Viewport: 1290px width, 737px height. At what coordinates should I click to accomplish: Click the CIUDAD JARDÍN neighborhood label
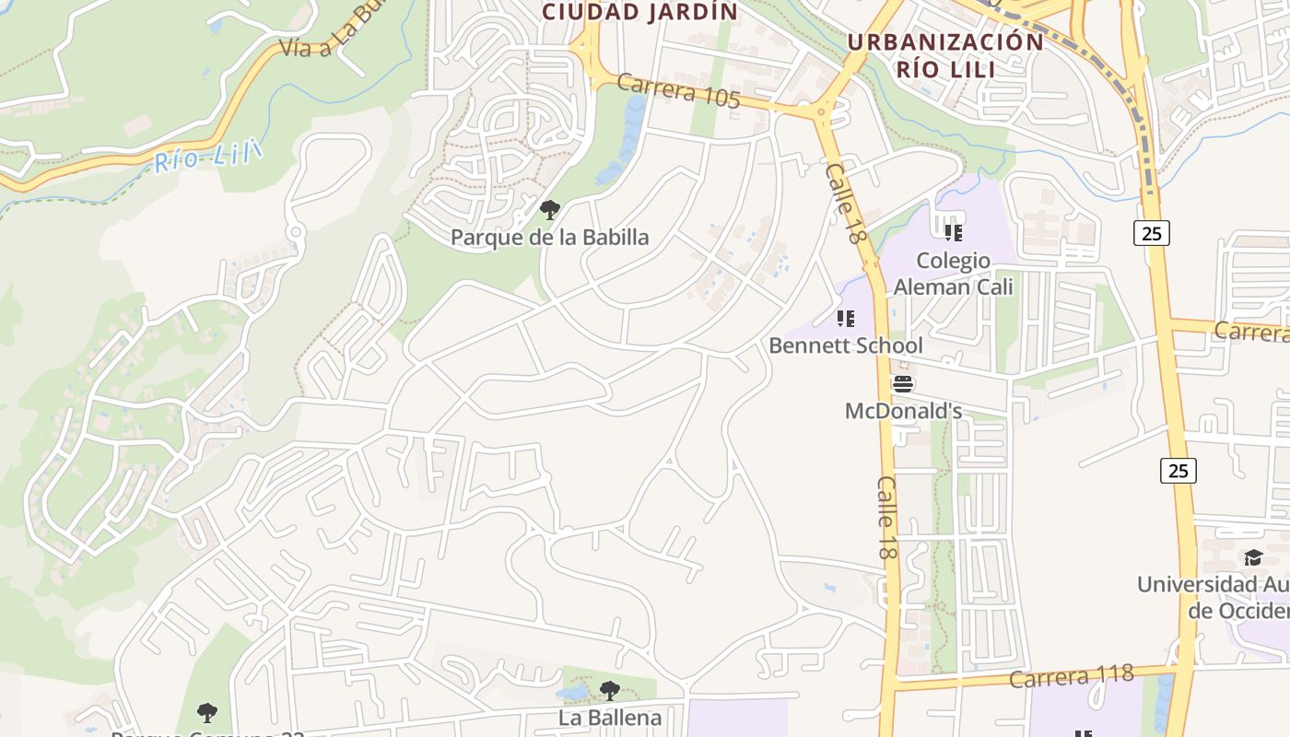pos(639,12)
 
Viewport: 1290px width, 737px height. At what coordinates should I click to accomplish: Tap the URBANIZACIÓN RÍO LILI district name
pos(944,55)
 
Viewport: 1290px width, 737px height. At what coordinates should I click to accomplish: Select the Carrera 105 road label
pos(678,91)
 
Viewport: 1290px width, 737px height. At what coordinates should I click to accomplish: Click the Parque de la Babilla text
pos(549,237)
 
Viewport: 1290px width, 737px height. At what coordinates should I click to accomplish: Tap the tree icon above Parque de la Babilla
pos(550,210)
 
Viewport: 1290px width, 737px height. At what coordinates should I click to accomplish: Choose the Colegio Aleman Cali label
pos(953,274)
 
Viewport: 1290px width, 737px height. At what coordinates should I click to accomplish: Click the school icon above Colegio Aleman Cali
pos(953,232)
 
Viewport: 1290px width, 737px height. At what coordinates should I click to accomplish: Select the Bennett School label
pos(845,345)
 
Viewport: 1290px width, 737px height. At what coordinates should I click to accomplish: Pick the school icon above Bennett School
pos(845,319)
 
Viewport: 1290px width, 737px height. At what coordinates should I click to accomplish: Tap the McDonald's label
pos(903,411)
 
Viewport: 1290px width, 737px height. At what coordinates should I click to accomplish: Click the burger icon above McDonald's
pos(903,384)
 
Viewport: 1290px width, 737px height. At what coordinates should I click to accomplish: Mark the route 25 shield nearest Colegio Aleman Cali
pos(1152,233)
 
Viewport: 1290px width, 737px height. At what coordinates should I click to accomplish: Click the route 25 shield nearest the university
pos(1178,471)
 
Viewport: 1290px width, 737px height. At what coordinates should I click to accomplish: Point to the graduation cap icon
pos(1253,557)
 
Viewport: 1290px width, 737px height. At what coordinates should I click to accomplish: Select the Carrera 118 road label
pos(1071,677)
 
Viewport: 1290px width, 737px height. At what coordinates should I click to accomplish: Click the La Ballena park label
pos(609,717)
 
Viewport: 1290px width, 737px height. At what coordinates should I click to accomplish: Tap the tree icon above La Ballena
pos(609,691)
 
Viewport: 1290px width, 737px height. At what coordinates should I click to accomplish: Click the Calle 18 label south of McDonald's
pos(886,518)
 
